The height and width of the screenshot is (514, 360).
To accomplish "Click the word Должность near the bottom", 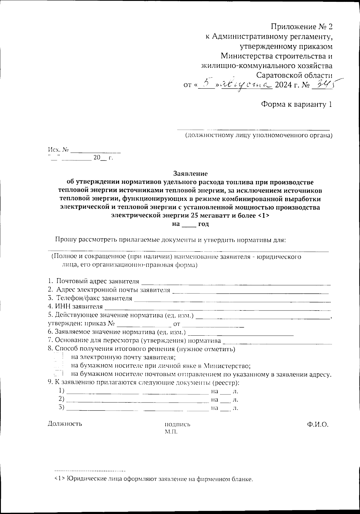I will click(x=65, y=424).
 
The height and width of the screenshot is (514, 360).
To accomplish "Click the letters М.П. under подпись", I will click(x=171, y=432).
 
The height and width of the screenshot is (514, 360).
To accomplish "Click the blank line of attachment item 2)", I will click(x=137, y=400).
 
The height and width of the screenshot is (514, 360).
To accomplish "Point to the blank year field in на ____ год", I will click(x=189, y=224).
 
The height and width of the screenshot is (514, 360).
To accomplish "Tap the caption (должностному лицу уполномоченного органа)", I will click(x=258, y=135).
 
